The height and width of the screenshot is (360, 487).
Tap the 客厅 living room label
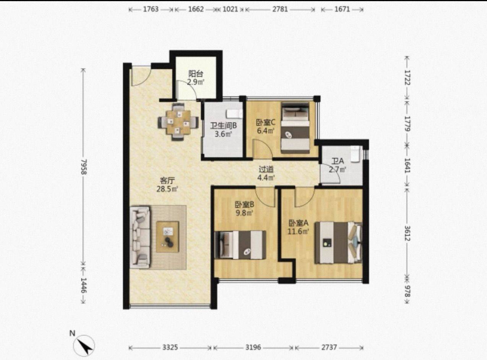click(x=167, y=181)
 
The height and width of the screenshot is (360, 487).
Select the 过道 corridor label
click(x=266, y=169)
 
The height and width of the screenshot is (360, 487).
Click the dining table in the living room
click(x=178, y=122)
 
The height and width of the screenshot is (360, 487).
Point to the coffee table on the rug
click(x=167, y=237)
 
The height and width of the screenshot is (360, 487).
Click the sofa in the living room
click(x=140, y=237)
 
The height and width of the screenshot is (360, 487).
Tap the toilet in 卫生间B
click(x=234, y=114)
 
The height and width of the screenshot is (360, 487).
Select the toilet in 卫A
click(x=355, y=154)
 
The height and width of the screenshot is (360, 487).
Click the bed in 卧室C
click(x=295, y=128)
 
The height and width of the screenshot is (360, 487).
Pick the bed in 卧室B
click(x=240, y=245)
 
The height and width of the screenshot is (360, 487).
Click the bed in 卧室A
click(x=338, y=243)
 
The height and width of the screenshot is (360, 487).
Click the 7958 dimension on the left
click(x=84, y=167)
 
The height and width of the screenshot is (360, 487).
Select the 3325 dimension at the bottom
click(x=170, y=347)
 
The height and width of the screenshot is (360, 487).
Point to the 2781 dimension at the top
click(x=280, y=9)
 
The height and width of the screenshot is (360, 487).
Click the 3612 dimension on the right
click(x=407, y=233)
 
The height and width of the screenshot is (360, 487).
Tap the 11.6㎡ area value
click(x=299, y=231)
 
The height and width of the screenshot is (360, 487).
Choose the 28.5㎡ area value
click(x=167, y=189)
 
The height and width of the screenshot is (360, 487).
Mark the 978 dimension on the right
click(x=407, y=291)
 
